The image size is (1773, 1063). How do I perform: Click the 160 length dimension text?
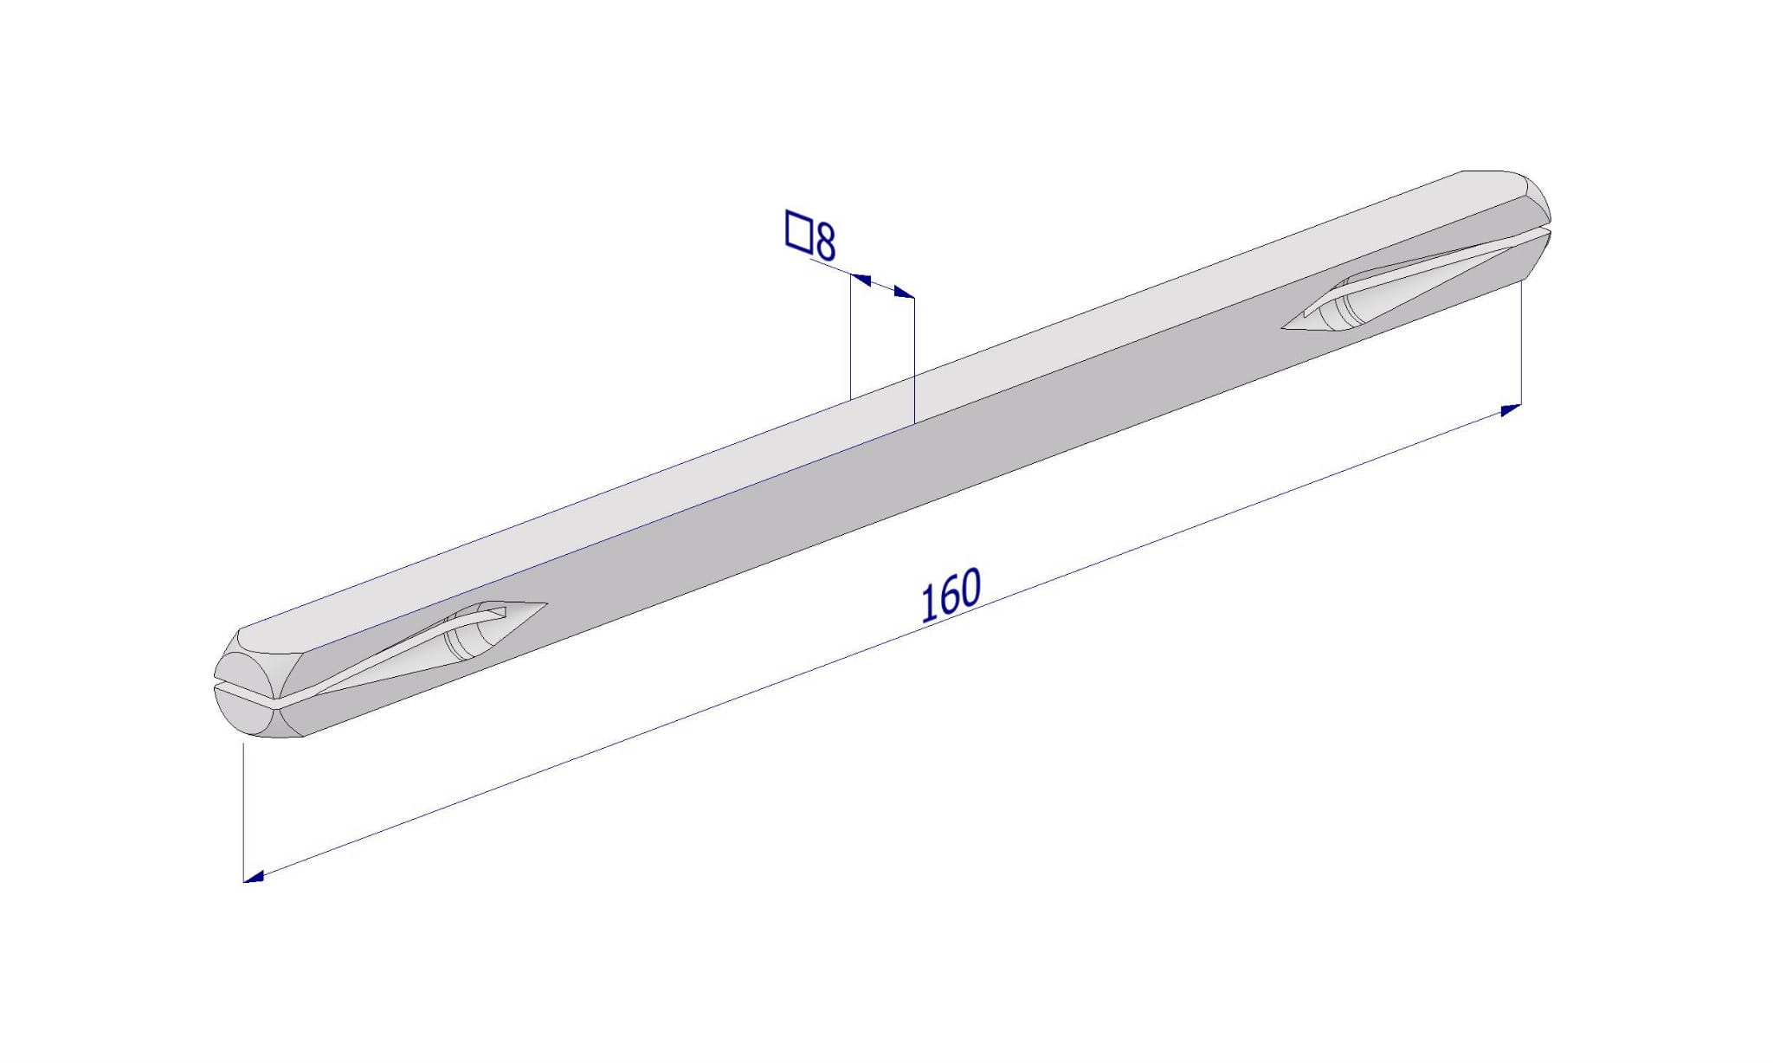950,596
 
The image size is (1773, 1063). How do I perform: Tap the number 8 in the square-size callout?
825,242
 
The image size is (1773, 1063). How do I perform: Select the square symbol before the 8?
797,231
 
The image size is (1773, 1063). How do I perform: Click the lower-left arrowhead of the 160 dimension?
253,877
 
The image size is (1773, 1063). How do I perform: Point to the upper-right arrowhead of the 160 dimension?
1512,409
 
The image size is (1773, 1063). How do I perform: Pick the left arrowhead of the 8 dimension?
861,279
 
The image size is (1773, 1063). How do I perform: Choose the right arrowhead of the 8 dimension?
904,293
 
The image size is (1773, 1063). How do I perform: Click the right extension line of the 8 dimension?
914,359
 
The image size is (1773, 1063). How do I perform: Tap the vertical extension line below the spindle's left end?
244,812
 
